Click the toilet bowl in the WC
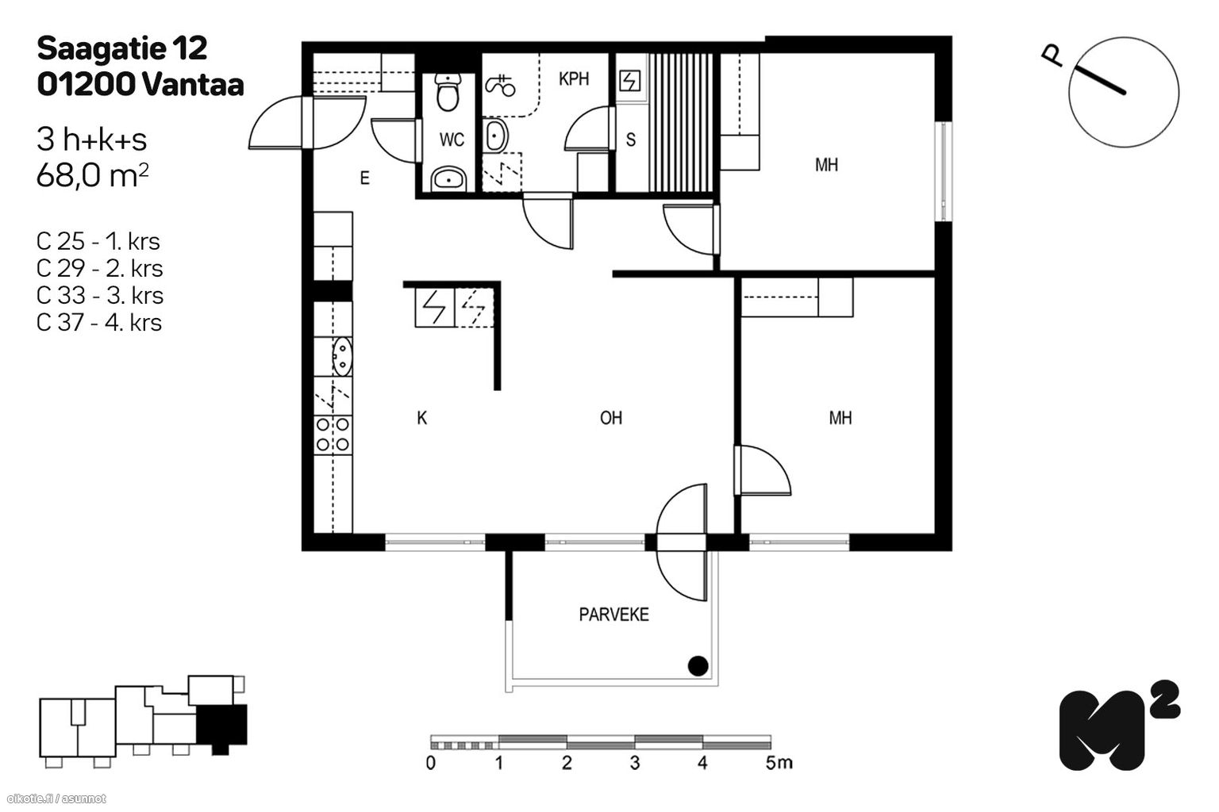448,94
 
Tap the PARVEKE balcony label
613,615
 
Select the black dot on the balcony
697,666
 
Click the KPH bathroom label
573,79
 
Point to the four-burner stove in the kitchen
333,435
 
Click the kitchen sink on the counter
342,356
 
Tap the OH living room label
610,418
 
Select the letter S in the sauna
631,140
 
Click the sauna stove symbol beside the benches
629,81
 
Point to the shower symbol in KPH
500,84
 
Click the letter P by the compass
1052,56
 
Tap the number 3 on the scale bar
634,764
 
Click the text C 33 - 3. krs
100,295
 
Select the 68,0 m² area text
92,176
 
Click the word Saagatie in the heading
100,48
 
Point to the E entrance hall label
364,178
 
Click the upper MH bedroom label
826,165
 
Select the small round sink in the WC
450,179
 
